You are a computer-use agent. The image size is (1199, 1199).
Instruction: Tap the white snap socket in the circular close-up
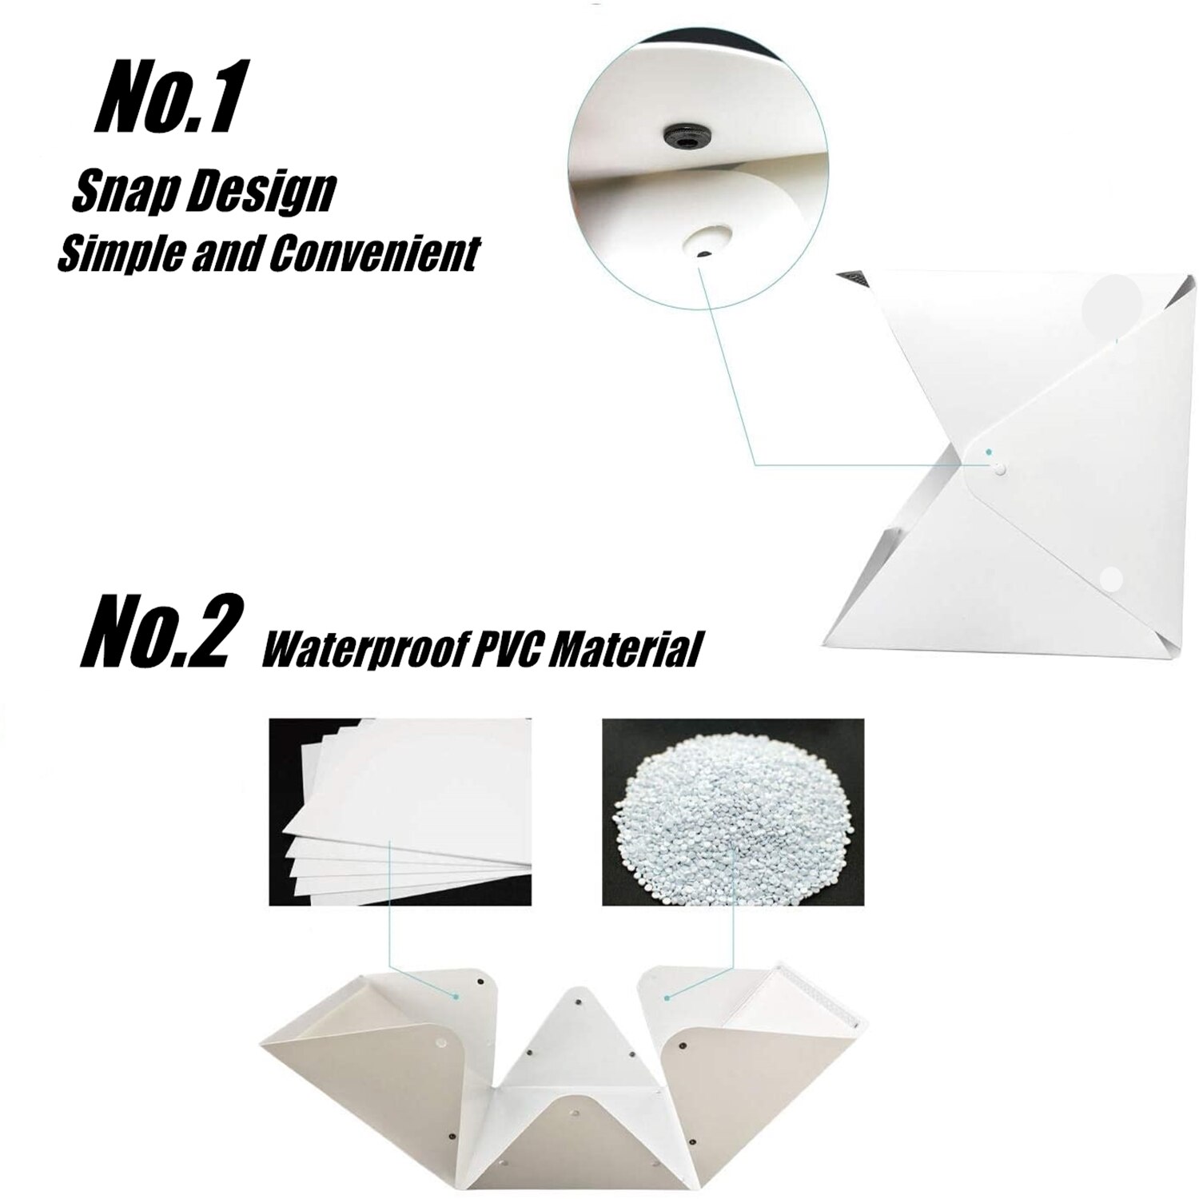click(705, 241)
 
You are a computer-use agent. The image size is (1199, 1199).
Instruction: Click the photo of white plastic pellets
click(732, 811)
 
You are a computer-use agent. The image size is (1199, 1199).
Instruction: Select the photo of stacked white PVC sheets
click(400, 811)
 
